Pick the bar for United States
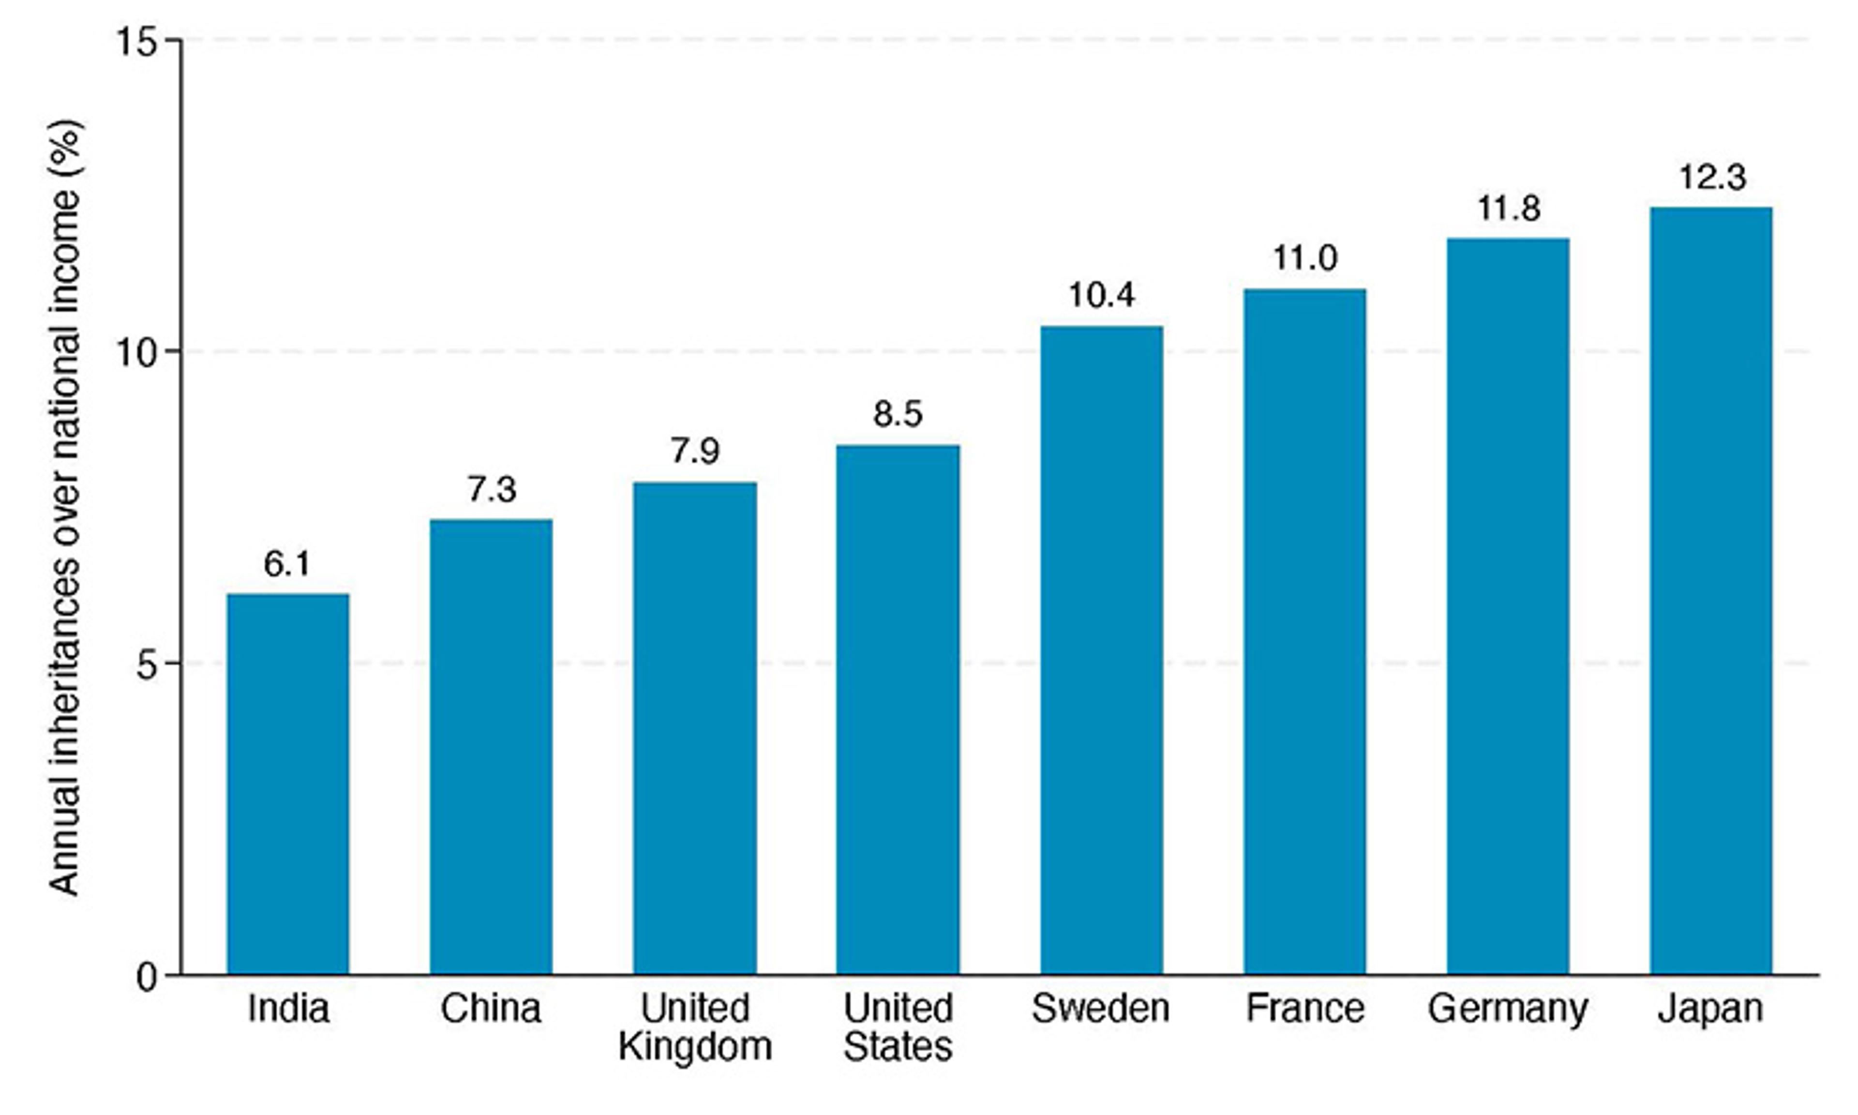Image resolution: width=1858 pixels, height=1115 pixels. [898, 709]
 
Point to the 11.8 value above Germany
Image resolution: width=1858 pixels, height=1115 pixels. [1509, 209]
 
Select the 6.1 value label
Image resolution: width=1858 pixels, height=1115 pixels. [287, 564]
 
